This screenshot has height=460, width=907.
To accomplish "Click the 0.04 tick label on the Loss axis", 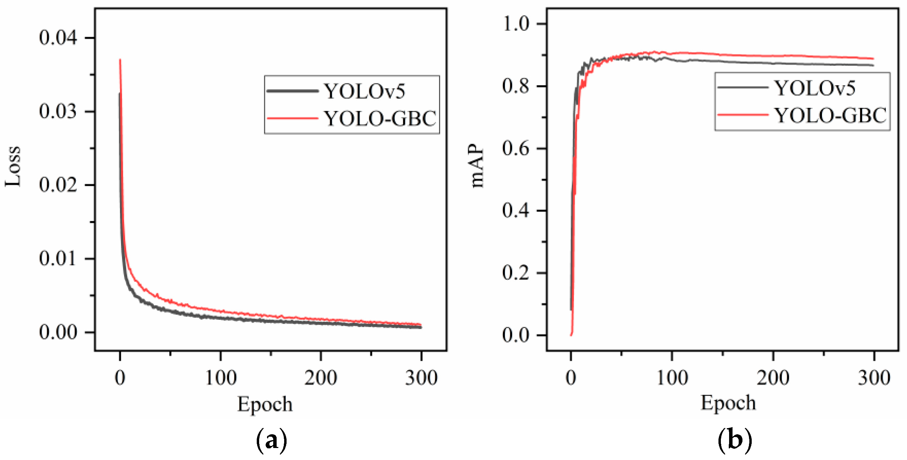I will pos(58,38).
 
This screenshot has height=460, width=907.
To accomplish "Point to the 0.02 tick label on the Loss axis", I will pos(58,185).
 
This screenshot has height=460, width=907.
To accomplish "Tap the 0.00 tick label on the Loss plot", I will pos(58,332).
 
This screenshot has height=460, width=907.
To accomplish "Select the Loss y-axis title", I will pos(13,166).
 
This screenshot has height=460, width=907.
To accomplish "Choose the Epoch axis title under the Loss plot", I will pos(265,404).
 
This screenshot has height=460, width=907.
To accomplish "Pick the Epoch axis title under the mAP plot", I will pos(728,403).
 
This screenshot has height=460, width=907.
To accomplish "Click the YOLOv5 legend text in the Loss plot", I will pos(364,91).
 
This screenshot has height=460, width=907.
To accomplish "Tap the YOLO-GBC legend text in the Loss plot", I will pos(380,118).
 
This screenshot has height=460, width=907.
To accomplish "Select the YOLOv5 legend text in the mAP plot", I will pos(815,88).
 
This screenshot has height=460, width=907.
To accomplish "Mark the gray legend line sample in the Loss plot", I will pos(293,91).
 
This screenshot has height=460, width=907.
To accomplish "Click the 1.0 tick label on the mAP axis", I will pos(516,24).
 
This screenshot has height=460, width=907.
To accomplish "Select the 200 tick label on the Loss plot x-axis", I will pos(321,378).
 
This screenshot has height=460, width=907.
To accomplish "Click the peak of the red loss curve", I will pos(120,60).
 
